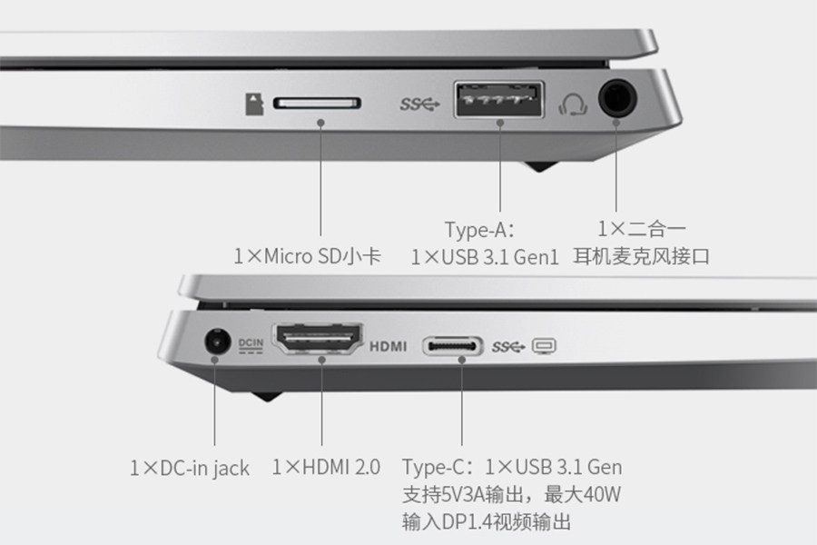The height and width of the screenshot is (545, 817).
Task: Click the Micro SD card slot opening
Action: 318,103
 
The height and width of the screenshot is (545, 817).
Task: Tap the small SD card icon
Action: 254,104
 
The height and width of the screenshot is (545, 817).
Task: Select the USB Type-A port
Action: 498,99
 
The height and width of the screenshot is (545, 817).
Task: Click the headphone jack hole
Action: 617,96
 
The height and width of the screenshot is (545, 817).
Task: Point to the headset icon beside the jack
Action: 573,104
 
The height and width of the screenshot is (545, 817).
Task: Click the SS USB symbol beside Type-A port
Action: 420,104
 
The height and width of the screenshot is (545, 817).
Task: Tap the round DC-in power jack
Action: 217,342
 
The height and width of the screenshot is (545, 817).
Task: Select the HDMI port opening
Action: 318,339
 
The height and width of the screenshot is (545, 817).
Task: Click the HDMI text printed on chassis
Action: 389,346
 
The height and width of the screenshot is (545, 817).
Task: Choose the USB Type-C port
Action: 452,346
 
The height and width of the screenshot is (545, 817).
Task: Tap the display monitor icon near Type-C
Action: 544,346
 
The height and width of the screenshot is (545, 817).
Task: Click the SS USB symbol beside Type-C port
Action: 508,346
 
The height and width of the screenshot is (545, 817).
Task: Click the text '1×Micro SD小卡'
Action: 308,256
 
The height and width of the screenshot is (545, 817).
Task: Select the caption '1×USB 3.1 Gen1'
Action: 485,257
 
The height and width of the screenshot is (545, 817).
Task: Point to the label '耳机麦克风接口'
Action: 642,256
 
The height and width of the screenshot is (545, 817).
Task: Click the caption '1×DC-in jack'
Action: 190,468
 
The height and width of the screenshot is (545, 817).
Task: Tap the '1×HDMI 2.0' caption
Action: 326,467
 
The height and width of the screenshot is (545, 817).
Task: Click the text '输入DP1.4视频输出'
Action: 487,521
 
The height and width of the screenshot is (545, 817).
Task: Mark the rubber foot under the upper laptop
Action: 541,166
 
